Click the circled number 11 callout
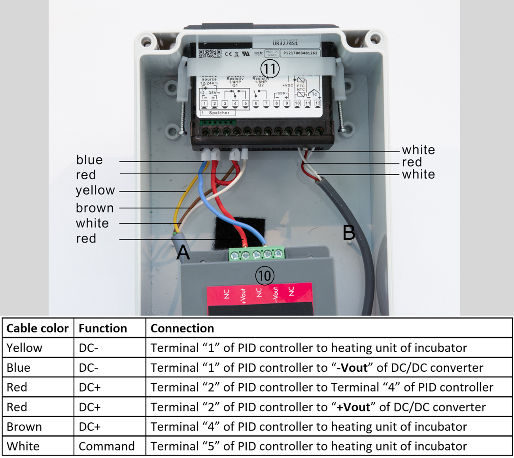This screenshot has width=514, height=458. [x=270, y=69]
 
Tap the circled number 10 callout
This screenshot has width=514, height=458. [x=265, y=276]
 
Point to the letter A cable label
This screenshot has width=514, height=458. [x=183, y=252]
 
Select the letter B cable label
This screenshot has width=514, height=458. [x=349, y=233]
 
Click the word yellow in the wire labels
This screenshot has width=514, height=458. [x=95, y=191]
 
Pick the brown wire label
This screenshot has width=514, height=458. [x=95, y=208]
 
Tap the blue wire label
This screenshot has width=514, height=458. [x=89, y=160]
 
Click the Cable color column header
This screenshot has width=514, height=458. [x=38, y=328]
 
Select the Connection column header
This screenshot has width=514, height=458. [x=182, y=328]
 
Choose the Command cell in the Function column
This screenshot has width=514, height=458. [x=107, y=446]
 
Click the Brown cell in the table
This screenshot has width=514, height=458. [x=24, y=427]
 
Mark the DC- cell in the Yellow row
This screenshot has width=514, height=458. [x=89, y=348]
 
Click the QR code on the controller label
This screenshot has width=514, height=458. [x=210, y=53]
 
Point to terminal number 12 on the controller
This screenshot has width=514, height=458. [x=317, y=103]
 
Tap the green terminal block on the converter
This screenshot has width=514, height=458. [x=257, y=254]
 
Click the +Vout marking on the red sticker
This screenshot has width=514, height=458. [x=243, y=296]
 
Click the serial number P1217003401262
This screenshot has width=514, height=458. [x=300, y=53]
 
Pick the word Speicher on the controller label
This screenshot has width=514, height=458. [x=219, y=113]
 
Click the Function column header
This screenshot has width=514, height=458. [x=103, y=328]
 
